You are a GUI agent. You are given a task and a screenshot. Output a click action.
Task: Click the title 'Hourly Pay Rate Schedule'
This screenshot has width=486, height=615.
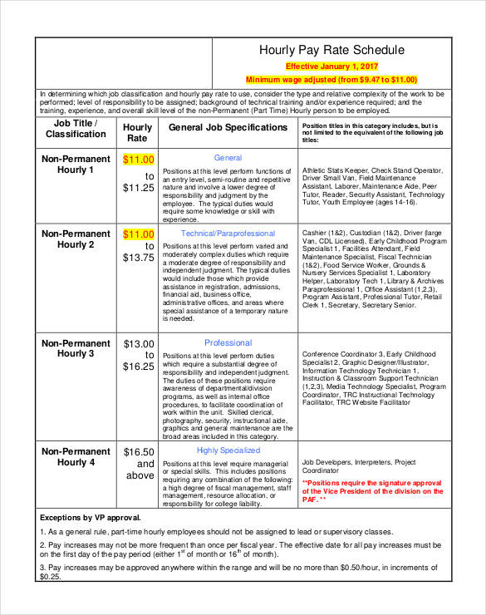(332, 51)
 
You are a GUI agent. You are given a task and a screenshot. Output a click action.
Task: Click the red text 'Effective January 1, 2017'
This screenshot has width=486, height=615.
(332, 66)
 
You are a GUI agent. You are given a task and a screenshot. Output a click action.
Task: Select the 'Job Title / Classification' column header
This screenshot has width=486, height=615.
(76, 128)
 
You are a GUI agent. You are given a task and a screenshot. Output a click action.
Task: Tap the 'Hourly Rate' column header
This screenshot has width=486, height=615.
(138, 133)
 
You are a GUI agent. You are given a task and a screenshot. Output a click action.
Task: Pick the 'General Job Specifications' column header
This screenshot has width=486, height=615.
(228, 128)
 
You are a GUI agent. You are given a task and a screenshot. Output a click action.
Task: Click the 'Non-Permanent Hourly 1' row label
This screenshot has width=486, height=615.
(76, 164)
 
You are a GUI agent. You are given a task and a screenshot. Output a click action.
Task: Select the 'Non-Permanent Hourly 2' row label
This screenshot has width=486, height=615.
(76, 239)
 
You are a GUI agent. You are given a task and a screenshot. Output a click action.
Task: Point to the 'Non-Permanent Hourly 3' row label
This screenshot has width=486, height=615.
(76, 348)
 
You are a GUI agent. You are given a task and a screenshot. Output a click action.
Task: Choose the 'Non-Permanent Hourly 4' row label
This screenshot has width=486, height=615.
(76, 456)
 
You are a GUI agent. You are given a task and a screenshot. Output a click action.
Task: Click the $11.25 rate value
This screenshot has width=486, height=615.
(139, 188)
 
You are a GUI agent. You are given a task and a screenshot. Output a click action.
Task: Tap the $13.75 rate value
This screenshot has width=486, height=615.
(139, 258)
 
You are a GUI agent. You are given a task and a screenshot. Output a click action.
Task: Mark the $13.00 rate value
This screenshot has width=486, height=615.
(139, 343)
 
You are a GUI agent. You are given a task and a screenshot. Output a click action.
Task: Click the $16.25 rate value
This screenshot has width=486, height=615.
(139, 367)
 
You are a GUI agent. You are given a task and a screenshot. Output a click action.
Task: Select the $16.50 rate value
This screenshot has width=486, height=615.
(139, 451)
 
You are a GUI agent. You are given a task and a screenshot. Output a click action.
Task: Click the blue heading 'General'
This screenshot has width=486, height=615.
(228, 158)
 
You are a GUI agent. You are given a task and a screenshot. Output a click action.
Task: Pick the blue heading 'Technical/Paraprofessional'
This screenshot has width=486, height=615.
(228, 234)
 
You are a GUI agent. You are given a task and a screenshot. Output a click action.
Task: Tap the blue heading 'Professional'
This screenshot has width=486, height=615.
(228, 342)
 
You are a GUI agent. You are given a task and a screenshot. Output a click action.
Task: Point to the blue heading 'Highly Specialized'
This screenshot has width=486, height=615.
(228, 450)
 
